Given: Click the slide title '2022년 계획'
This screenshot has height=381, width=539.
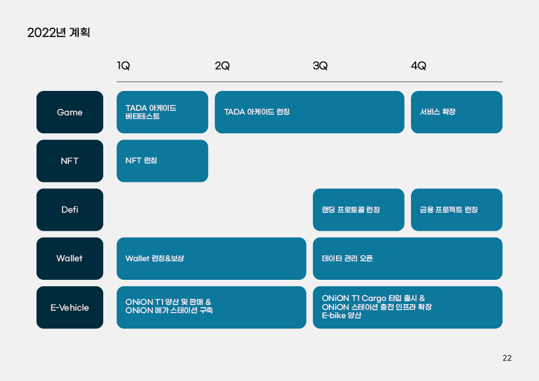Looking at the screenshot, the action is tap(58, 32).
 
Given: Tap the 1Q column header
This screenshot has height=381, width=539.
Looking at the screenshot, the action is tap(123, 65).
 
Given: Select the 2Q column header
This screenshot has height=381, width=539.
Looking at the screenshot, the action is tap(222, 65).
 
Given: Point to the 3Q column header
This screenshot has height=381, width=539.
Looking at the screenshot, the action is tap(320, 65).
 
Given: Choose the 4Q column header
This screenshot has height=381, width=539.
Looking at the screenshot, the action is tap(419, 65).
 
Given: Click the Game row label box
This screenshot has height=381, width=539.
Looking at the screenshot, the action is tap(70, 112).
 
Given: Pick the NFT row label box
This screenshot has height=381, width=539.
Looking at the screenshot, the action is tap(70, 161).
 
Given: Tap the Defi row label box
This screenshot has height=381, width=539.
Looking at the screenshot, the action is tap(70, 210).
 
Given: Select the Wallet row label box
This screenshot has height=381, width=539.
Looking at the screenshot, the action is tap(70, 259).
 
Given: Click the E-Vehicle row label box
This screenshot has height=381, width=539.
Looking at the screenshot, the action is tap(70, 307).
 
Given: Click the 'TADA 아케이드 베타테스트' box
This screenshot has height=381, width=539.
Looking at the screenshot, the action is tap(162, 112).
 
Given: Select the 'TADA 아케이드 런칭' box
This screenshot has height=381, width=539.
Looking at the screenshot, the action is tap(309, 112).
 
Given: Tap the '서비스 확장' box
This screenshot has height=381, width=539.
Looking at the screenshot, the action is tap(456, 112).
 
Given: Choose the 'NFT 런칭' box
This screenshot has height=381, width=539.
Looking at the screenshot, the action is tap(162, 161).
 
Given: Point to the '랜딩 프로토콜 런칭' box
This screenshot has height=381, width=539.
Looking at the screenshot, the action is tap(358, 210).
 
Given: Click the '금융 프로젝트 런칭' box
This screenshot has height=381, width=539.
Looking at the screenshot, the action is tap(456, 210).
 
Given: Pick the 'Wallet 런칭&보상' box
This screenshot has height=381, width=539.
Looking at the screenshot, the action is tap(211, 259).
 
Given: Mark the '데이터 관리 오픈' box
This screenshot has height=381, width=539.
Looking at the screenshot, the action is tap(408, 259).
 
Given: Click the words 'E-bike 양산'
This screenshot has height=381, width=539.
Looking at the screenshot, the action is tap(341, 315).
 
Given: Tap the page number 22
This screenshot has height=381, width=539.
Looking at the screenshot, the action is tap(507, 358).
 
